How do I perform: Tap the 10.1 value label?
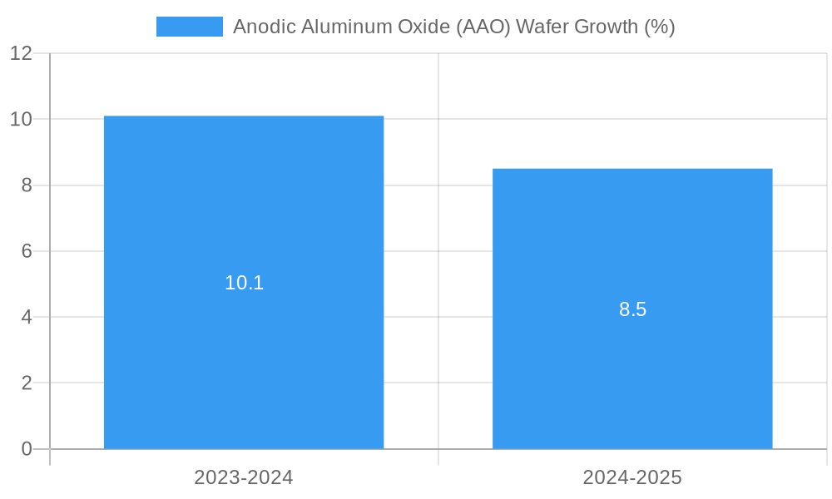coord(244,283)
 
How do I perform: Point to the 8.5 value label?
coord(632,310)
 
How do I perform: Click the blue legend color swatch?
coord(189,27)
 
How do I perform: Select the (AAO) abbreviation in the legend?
coord(481,27)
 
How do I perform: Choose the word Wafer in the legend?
coord(542,27)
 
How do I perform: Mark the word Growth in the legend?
coord(607,27)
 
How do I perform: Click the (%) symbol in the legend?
coord(660,27)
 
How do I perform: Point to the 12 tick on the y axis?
coord(21,53)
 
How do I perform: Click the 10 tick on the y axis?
coord(21,119)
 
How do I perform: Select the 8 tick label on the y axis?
coord(27,185)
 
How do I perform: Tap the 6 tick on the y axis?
coord(27,251)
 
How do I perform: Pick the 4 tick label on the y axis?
coord(27,317)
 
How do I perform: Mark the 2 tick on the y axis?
coord(27,383)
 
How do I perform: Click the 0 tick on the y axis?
coord(27,449)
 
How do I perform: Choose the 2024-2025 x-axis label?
coord(632,477)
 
